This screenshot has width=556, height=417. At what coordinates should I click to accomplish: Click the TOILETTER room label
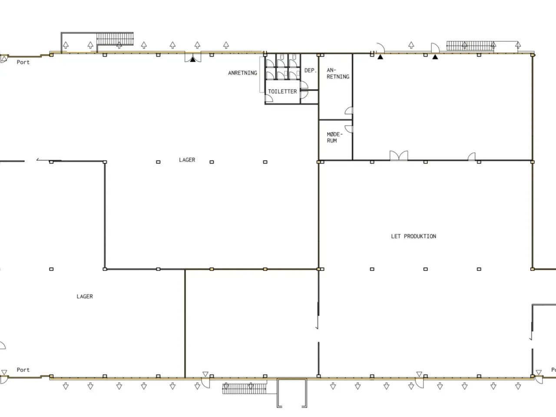click(x=282, y=91)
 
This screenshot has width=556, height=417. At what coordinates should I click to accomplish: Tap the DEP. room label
click(x=311, y=70)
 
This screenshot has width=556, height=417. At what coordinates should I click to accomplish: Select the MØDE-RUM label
click(x=334, y=138)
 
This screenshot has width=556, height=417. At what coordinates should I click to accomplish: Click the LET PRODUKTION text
click(x=414, y=236)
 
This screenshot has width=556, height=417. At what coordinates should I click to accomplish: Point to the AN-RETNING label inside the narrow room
click(x=338, y=73)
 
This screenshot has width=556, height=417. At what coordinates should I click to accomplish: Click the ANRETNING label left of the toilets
click(x=242, y=73)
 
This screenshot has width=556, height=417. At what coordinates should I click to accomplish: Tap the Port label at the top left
click(x=23, y=62)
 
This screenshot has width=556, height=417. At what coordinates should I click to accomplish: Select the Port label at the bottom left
click(x=23, y=370)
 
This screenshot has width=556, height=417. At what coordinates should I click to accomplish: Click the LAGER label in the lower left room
click(x=85, y=297)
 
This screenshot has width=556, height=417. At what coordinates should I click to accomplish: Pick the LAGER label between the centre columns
click(x=187, y=160)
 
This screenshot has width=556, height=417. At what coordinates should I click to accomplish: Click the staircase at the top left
click(x=115, y=39)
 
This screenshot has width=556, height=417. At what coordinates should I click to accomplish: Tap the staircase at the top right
click(x=470, y=46)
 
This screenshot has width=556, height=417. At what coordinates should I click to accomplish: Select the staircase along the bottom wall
click(x=244, y=389)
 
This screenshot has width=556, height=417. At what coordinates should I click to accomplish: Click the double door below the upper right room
click(x=399, y=156)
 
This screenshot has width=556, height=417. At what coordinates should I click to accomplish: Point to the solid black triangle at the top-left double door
click(x=193, y=60)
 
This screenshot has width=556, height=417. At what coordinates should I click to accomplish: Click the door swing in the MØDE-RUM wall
click(x=349, y=129)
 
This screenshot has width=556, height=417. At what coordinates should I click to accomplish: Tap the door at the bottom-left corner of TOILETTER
click(x=269, y=98)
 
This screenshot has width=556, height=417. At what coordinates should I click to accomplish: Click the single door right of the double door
click(x=471, y=156)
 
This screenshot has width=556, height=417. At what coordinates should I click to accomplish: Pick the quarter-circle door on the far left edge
click(x=3, y=345)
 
